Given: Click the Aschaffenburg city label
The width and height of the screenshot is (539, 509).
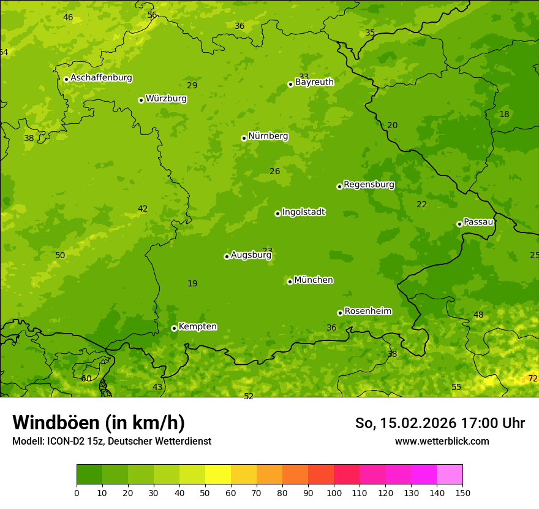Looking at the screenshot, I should (101, 78).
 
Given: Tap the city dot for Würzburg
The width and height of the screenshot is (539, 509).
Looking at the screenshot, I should (141, 100).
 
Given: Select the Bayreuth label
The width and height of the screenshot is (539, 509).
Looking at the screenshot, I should (314, 82).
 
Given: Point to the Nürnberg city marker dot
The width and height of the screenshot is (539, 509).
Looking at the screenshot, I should (244, 138).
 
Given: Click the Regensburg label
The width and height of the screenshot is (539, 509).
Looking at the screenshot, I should (369, 185).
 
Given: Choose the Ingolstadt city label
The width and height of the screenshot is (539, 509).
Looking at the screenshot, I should (303, 212).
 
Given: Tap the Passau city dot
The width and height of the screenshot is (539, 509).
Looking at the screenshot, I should (459, 224).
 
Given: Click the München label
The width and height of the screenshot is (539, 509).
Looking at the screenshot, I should (314, 280).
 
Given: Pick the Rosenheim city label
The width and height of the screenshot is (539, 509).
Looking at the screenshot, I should (367, 312).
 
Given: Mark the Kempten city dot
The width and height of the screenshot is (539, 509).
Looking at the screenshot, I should (174, 328).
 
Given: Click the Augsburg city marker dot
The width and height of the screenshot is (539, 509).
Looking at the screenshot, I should (227, 256).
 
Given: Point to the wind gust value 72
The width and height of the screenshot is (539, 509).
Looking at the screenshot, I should (533, 379).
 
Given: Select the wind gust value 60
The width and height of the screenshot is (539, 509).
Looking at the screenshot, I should (86, 379).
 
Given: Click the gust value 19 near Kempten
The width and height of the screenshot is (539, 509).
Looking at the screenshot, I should (192, 284).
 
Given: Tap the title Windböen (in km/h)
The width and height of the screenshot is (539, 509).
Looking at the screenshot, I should (99, 423).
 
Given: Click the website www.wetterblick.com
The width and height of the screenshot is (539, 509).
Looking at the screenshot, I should (442, 442).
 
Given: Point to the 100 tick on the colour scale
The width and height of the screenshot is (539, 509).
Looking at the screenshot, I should (334, 492).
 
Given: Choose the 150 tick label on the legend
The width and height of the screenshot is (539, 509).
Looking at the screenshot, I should (462, 492).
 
